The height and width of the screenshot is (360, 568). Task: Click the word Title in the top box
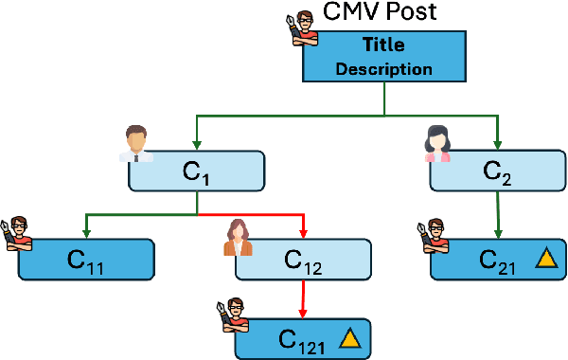[383, 45]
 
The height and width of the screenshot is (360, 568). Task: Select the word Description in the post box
[383, 69]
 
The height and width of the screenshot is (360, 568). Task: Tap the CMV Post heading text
[381, 13]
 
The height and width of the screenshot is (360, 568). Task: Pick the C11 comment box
[85, 259]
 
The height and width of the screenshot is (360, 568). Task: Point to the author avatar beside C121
[235, 315]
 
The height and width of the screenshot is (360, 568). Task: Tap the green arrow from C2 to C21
[498, 213]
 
